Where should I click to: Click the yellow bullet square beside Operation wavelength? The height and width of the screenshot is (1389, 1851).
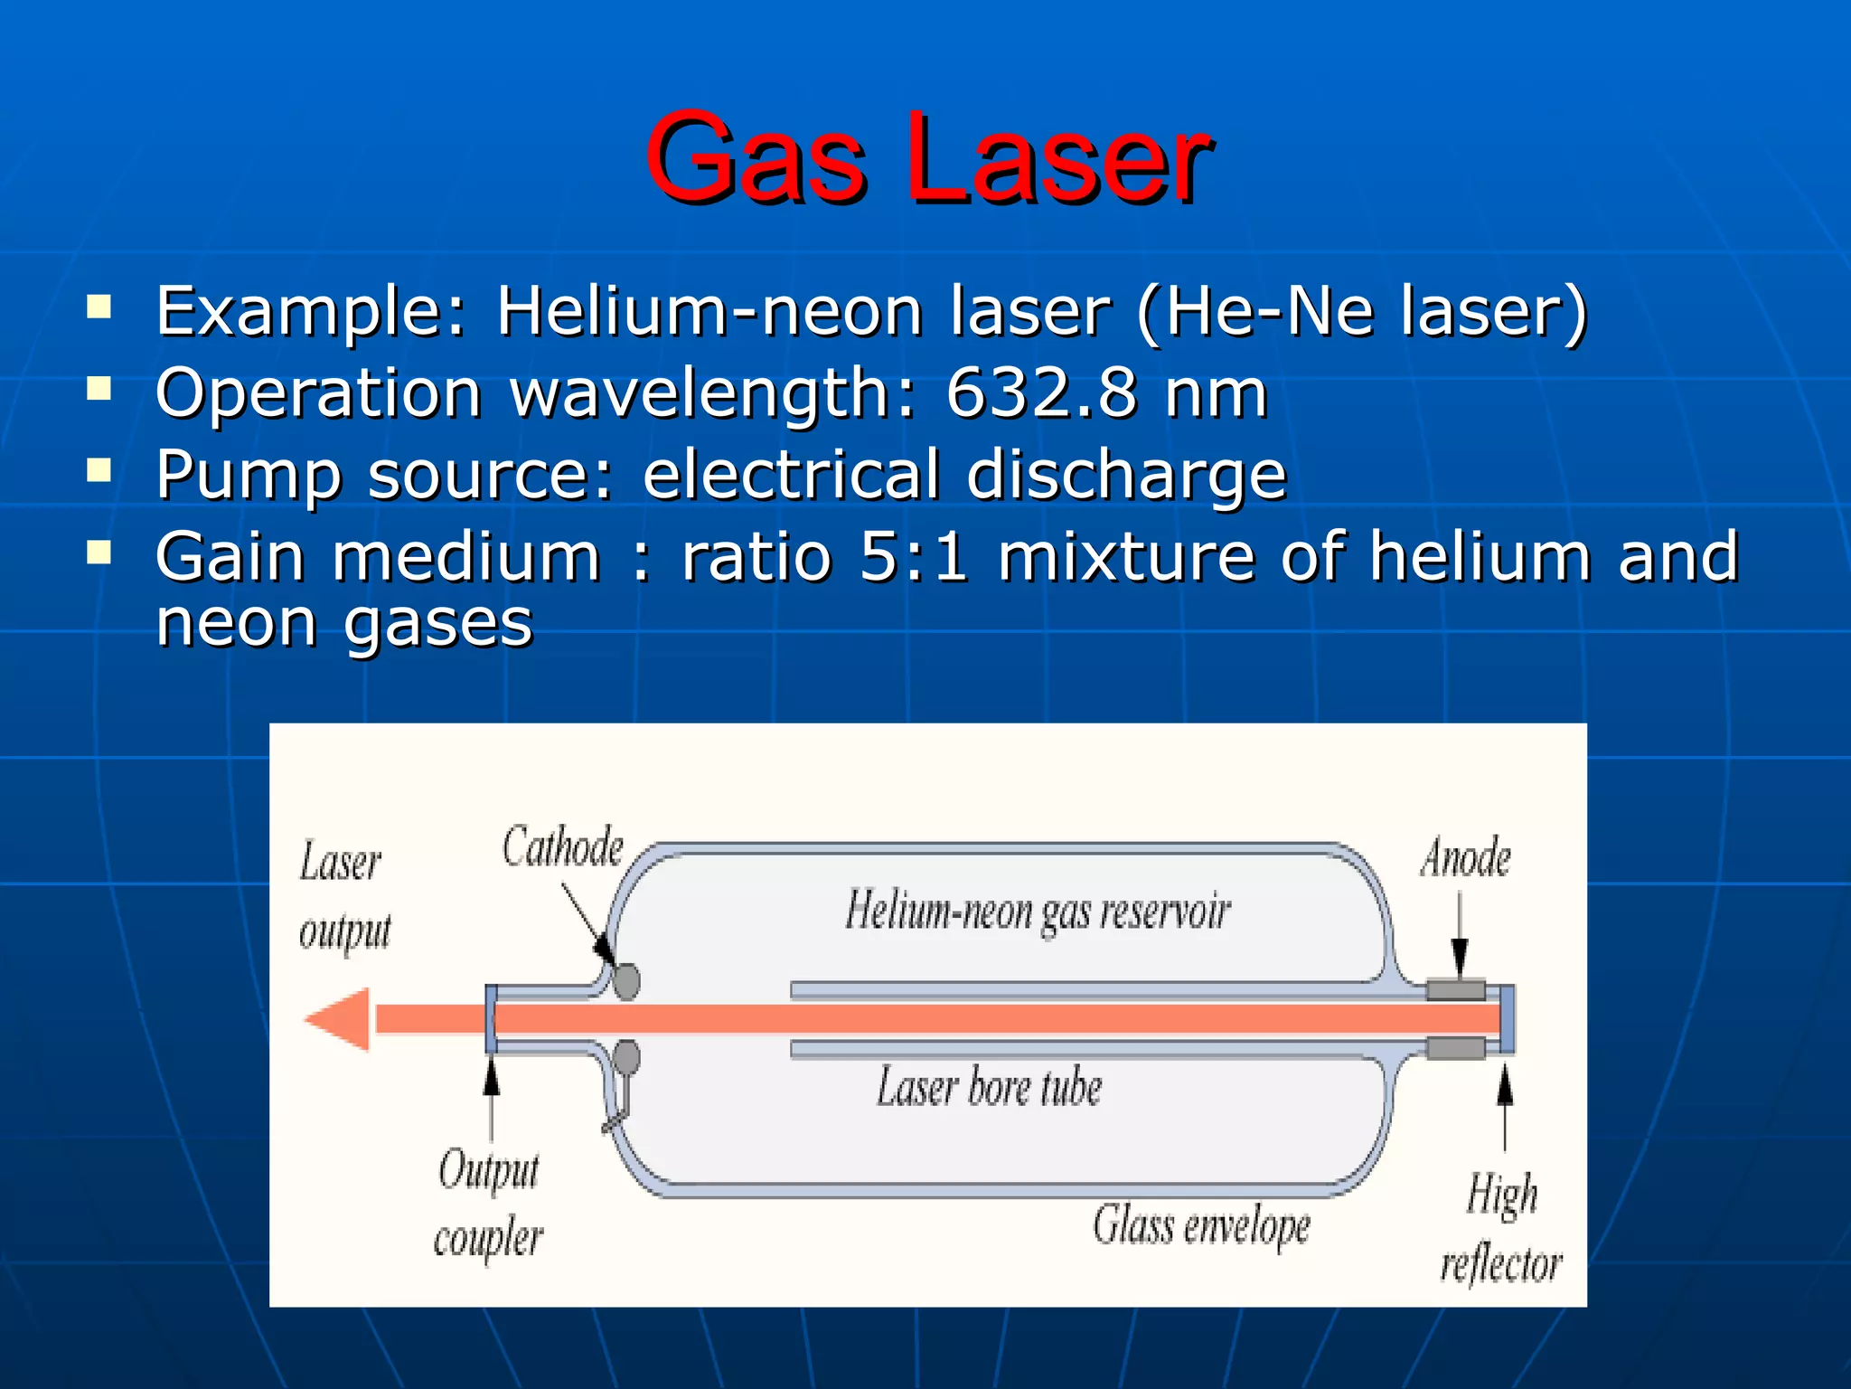pyautogui.click(x=99, y=389)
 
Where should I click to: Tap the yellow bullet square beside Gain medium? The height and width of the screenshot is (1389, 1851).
pyautogui.click(x=99, y=552)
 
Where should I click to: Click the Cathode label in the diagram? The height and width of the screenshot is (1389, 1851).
pyautogui.click(x=562, y=847)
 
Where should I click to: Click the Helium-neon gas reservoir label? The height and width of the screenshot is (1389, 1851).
pyautogui.click(x=1038, y=911)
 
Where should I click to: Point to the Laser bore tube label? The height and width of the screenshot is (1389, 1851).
pyautogui.click(x=989, y=1087)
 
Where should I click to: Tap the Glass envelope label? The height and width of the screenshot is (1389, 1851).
pyautogui.click(x=1201, y=1227)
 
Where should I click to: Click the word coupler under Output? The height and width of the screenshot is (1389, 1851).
pyautogui.click(x=488, y=1239)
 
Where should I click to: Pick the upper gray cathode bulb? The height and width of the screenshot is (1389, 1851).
pyautogui.click(x=626, y=979)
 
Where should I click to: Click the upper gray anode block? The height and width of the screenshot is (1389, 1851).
pyautogui.click(x=1455, y=989)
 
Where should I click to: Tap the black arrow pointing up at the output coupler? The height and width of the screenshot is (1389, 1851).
pyautogui.click(x=492, y=1081)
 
